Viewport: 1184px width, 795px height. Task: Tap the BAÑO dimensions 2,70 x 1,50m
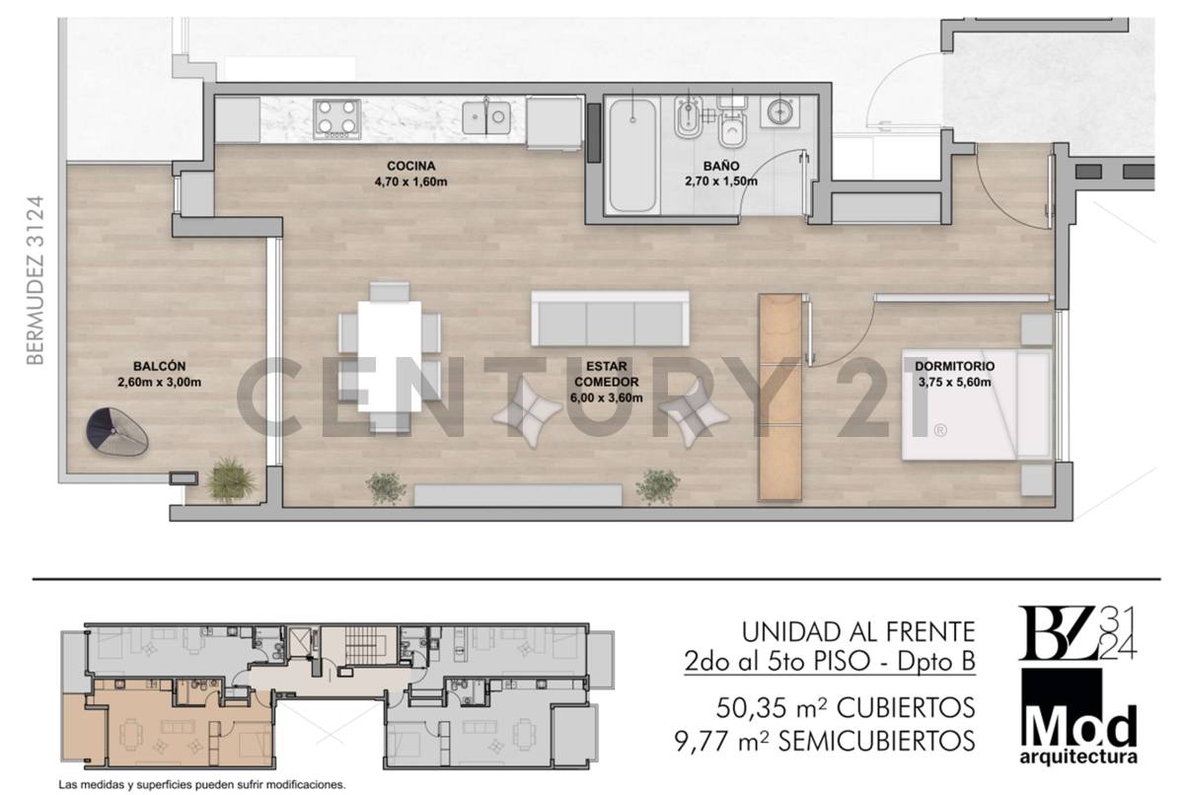tap(720, 181)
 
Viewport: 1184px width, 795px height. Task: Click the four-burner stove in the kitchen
tap(337, 118)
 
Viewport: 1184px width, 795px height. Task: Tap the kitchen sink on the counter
tap(487, 118)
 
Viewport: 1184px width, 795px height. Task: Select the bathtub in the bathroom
tap(630, 155)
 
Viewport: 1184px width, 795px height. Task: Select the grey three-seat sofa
tap(610, 318)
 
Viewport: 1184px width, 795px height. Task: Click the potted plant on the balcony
tap(231, 480)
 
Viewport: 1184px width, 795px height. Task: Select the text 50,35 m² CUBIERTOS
tap(845, 707)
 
